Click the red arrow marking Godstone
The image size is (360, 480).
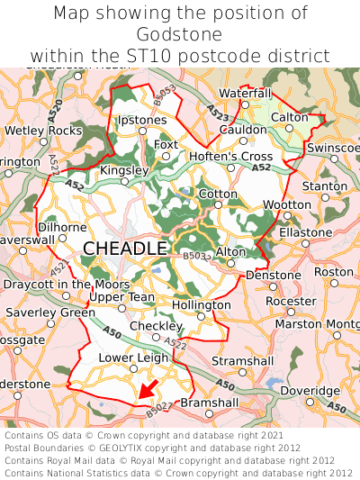(148, 389)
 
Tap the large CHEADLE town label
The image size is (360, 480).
(125, 248)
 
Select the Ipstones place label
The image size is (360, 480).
(142, 120)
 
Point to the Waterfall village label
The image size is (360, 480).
(244, 94)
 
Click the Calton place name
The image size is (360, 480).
(290, 118)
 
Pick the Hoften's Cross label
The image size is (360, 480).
(230, 156)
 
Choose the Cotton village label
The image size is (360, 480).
(218, 194)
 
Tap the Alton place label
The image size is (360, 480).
(231, 252)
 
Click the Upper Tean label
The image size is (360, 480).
(122, 297)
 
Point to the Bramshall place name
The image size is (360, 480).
(210, 403)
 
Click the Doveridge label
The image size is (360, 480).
(310, 391)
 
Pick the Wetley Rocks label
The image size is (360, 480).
(43, 131)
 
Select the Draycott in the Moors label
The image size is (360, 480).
(60, 285)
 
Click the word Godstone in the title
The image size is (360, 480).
(180, 34)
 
